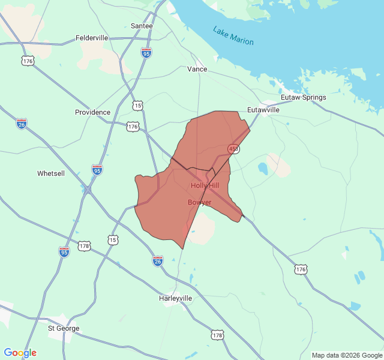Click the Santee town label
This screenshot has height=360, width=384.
click(142, 26)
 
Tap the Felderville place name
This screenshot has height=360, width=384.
click(92, 38)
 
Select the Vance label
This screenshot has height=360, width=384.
click(197, 69)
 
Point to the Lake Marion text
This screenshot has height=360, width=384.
click(233, 36)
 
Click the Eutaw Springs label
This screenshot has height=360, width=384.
click(304, 97)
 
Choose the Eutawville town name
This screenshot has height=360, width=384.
click(263, 110)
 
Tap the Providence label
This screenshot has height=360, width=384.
click(92, 112)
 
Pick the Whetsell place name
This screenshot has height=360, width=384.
click(50, 173)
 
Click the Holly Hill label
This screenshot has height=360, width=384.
click(205, 185)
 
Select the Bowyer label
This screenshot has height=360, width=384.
click(199, 202)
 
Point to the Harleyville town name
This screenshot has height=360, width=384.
click(176, 298)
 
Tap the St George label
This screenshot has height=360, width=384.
click(64, 328)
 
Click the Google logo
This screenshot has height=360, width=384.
click(20, 353)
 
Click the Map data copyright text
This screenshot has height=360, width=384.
click(346, 355)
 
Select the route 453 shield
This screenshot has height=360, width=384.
click(233, 148)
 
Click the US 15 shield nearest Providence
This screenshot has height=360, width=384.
click(139, 106)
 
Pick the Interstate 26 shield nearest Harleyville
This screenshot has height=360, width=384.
click(157, 260)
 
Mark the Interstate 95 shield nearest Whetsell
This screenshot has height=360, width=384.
click(97, 169)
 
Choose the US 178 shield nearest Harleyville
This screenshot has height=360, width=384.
click(217, 334)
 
